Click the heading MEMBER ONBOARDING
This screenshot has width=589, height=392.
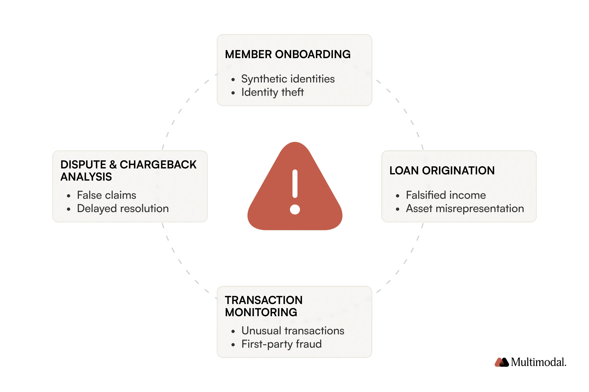(288, 54)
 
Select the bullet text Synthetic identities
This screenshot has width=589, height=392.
(288, 79)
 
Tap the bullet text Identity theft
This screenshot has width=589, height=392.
(272, 92)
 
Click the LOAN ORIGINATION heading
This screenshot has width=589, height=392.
(442, 171)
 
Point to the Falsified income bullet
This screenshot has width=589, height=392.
(446, 195)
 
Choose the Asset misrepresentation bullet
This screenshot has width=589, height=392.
(465, 208)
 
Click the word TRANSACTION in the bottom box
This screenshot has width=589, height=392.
(264, 300)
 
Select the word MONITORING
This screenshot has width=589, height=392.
(261, 312)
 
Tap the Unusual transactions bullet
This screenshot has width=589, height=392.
(293, 331)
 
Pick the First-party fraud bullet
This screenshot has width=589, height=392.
(281, 344)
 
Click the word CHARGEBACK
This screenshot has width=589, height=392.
(158, 165)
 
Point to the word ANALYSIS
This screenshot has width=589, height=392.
(86, 177)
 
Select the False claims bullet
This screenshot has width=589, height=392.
(106, 195)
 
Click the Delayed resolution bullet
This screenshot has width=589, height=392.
(123, 208)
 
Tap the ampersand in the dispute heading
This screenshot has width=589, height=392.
(113, 165)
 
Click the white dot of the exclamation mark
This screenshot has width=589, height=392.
(295, 210)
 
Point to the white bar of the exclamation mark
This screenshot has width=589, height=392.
(295, 184)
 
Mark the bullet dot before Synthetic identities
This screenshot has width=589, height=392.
(233, 80)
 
